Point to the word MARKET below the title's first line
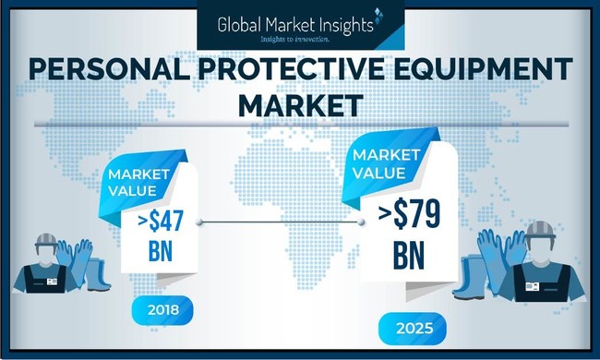coord(300,104)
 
